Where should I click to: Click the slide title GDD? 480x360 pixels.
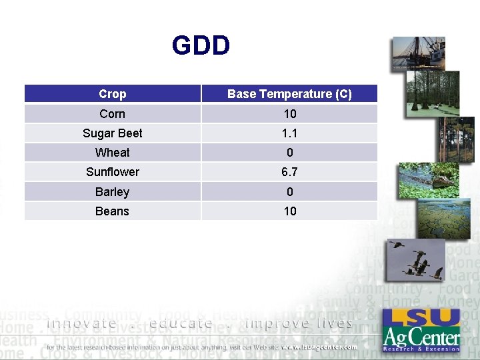pos(201,46)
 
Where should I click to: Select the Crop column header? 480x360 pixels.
pos(112,94)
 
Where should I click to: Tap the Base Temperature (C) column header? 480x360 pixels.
pos(289,94)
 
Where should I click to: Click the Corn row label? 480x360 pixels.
pos(112,114)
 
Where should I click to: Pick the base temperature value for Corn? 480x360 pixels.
pos(289,114)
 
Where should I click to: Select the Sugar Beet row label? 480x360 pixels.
pos(112,133)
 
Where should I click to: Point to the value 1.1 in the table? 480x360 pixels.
pos(289,133)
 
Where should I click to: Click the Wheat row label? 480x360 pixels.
pos(112,153)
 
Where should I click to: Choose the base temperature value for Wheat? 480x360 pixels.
pos(289,153)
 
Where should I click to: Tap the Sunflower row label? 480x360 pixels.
pos(112,172)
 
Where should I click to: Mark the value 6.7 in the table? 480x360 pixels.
pos(289,172)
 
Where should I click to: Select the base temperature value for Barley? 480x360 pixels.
pos(289,192)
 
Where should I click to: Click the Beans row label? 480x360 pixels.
pos(112,211)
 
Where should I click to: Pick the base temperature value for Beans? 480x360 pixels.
pos(289,211)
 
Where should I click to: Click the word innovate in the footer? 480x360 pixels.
pos(81,323)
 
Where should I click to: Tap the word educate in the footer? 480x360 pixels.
pos(181,323)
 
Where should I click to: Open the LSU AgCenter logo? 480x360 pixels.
pos(421,329)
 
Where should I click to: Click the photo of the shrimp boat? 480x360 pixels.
pos(419,54)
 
